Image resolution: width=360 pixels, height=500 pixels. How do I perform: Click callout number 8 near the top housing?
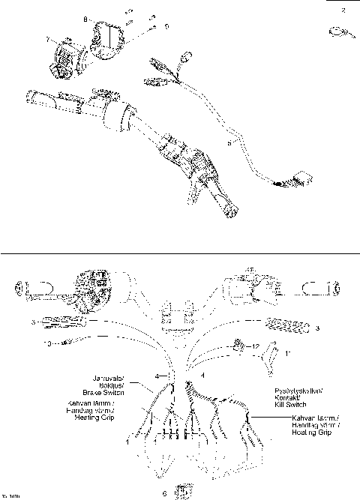(x=85, y=17)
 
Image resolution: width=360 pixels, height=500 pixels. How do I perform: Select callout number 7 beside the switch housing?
(x=47, y=39)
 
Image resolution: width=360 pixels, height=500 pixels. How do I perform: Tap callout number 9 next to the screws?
(x=166, y=26)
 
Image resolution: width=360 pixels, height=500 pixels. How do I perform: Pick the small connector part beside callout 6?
(x=181, y=491)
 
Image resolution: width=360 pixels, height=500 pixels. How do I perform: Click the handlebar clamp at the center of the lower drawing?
(x=177, y=313)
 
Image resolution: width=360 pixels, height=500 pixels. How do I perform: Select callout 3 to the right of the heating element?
(x=318, y=328)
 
